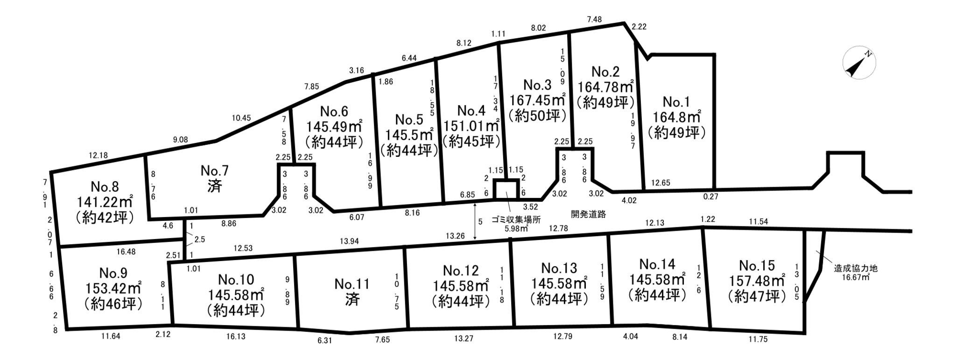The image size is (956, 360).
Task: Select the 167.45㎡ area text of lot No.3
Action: click(x=537, y=100)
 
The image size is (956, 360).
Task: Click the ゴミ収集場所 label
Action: click(x=516, y=219)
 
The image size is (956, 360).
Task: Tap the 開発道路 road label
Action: click(x=588, y=214)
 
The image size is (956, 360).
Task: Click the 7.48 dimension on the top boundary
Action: click(x=594, y=19)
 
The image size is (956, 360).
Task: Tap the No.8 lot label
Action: click(x=105, y=187)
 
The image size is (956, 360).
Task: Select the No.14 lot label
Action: click(x=657, y=264)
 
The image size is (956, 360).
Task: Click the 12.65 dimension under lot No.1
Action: click(x=660, y=183)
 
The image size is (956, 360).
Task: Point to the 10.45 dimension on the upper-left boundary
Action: click(x=241, y=118)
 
